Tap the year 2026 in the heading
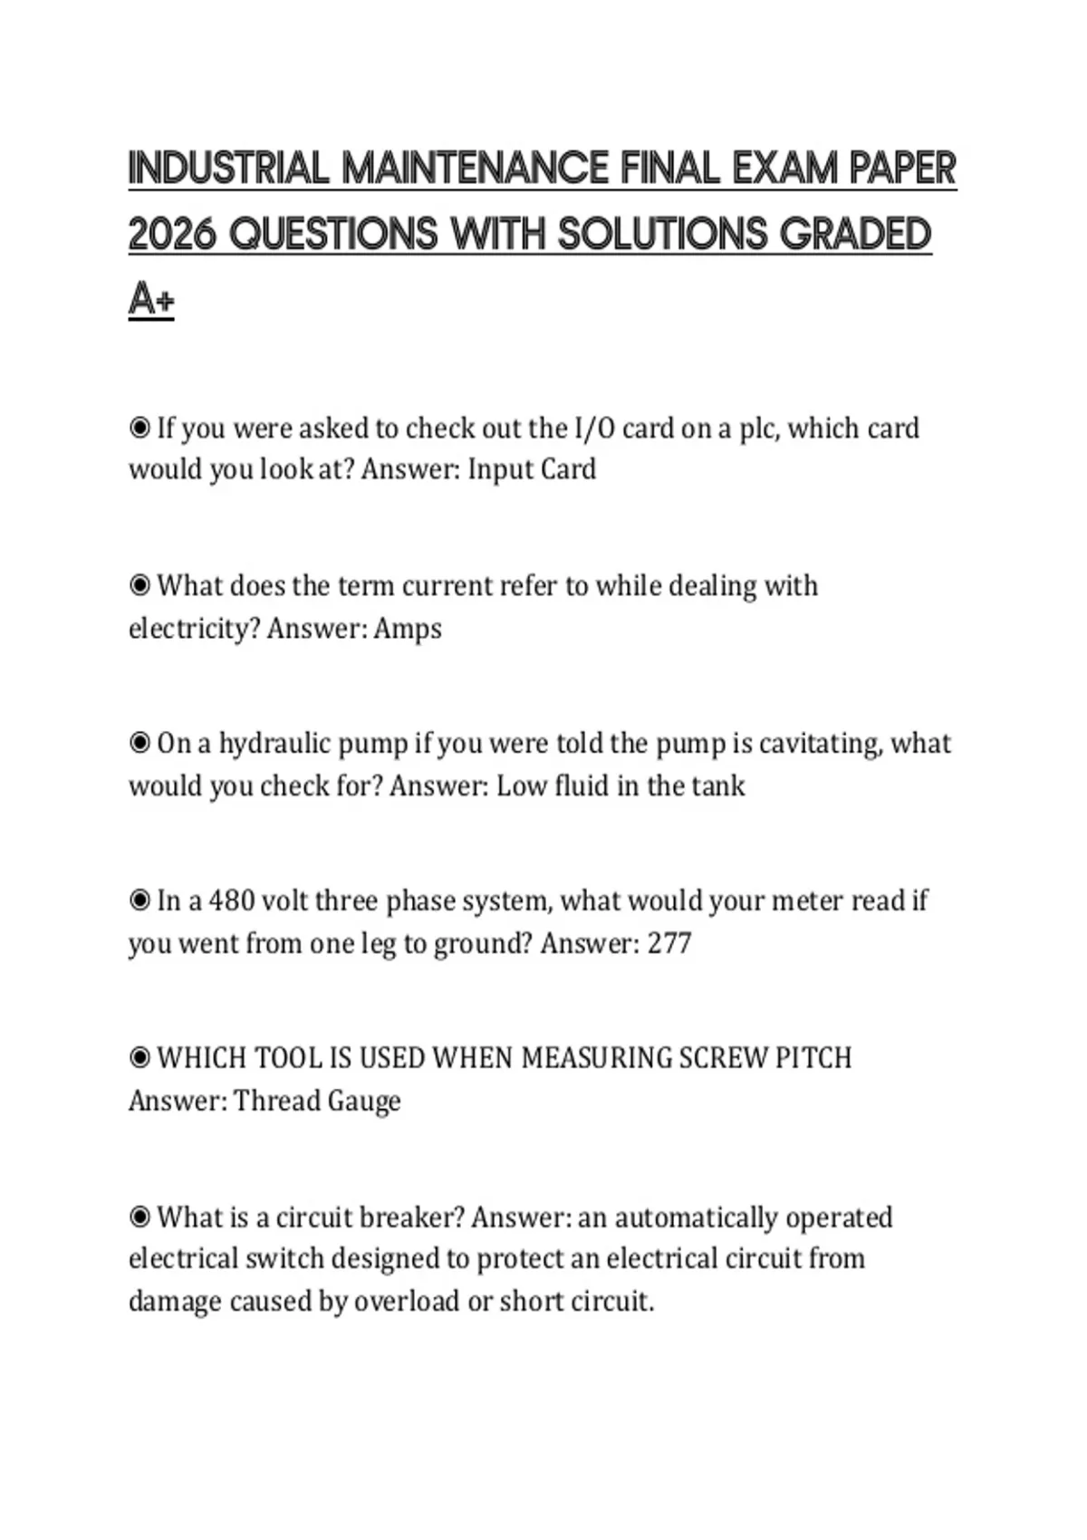coord(172,235)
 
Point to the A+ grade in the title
coord(150,299)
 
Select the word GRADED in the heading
coord(855,235)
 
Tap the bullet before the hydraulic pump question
coord(139,743)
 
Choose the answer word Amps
coord(408,628)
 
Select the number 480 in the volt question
coord(230,900)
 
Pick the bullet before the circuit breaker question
coord(139,1217)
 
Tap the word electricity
coord(193,628)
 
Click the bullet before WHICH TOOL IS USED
coord(139,1058)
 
